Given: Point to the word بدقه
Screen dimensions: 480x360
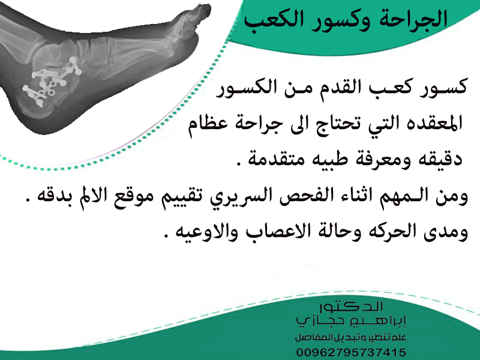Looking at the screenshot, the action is [x=52, y=196].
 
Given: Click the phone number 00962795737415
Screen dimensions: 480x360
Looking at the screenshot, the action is [x=351, y=352].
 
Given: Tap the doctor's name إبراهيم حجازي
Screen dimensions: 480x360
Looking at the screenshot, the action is [x=351, y=321].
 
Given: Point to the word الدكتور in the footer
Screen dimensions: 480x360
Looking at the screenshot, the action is [x=351, y=306].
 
